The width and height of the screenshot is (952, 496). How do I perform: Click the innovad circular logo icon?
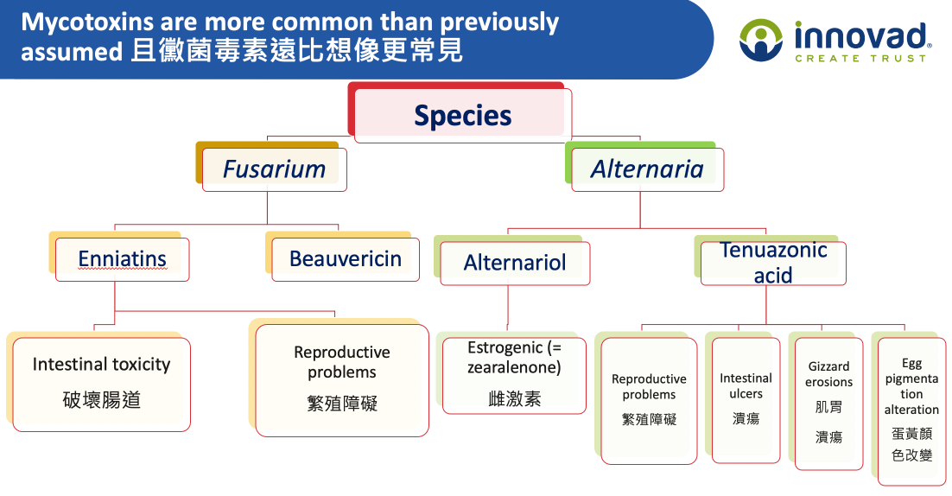coord(761,40)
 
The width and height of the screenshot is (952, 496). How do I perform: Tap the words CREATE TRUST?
coord(860,58)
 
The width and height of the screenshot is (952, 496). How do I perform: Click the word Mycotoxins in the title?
coord(87,22)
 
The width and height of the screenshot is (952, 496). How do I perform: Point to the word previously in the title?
coord(499,22)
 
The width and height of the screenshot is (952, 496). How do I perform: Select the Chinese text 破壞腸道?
coord(101,400)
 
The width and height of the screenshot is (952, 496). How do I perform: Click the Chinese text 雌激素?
coord(514,399)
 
